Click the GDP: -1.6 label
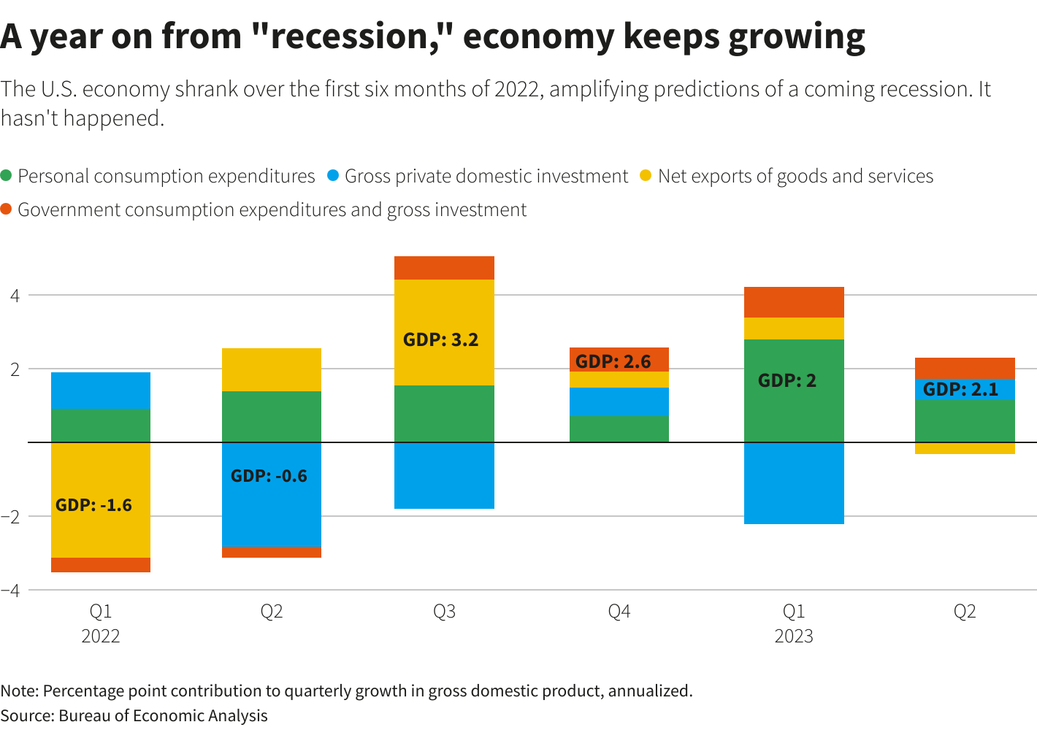[x=93, y=505]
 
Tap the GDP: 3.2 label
[x=440, y=339]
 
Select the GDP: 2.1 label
[x=960, y=389]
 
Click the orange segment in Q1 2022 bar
[x=101, y=565]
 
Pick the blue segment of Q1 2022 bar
[x=101, y=390]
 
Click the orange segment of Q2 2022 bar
[x=272, y=553]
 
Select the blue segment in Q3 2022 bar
[x=444, y=475]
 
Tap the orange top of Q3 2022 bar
[x=444, y=268]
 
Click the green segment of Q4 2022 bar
[x=619, y=429]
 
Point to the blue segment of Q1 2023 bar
[x=794, y=483]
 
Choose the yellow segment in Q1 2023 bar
[x=794, y=328]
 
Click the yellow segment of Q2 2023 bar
[x=965, y=448]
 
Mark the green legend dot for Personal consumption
[x=7, y=176]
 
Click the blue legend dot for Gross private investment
[x=333, y=176]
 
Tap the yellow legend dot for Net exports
[x=646, y=176]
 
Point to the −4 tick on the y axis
[x=10, y=590]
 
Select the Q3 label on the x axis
[x=444, y=611]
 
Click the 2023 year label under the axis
[x=794, y=636]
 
